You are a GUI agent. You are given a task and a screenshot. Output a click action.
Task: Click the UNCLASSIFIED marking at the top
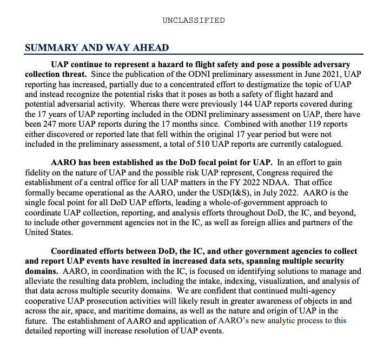coord(193,20)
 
